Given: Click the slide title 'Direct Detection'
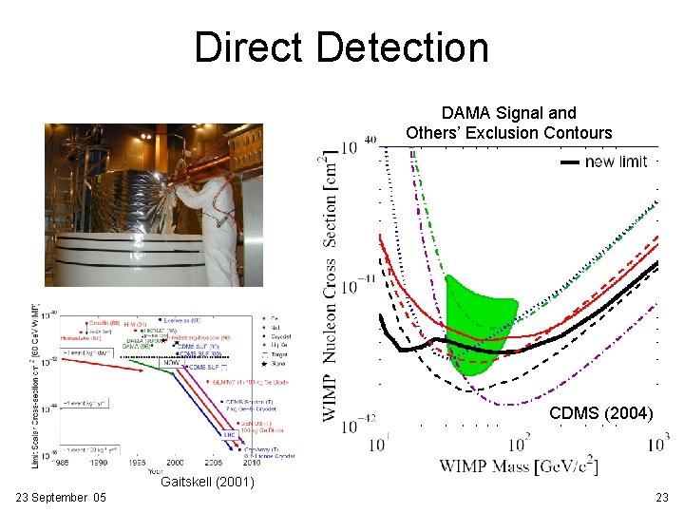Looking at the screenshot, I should (341, 47).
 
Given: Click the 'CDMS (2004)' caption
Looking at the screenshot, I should (600, 414).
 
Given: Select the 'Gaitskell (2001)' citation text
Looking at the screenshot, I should (207, 483).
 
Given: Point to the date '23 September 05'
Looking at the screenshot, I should (61, 498).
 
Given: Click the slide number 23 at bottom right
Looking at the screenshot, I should (661, 498).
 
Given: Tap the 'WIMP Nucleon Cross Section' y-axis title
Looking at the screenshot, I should (330, 285).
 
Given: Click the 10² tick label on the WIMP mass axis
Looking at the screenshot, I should (518, 444).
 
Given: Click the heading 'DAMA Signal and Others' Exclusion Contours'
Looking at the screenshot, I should (508, 123).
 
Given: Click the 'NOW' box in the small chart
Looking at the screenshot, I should (172, 362).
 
